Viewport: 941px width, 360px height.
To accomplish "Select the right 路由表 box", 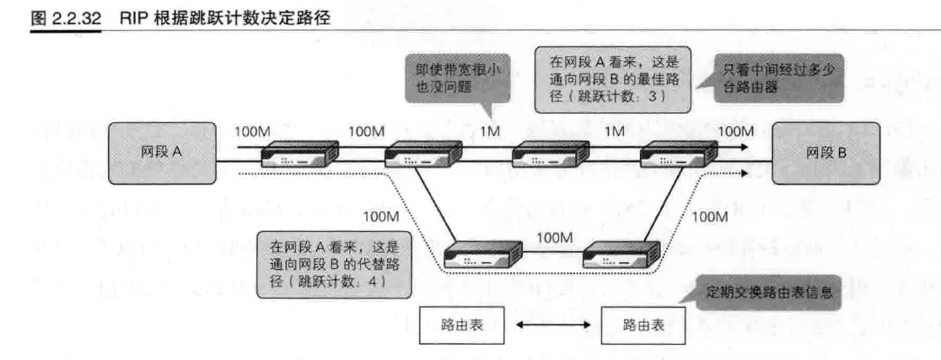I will (x=642, y=324).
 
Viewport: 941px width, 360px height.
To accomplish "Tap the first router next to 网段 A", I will (x=299, y=154).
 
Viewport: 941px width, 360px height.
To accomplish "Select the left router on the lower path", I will (x=483, y=253).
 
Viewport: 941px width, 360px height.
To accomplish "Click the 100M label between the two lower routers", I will (x=554, y=239).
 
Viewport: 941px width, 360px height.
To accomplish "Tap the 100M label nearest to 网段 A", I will (x=252, y=132).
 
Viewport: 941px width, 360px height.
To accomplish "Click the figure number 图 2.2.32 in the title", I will (x=66, y=18).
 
